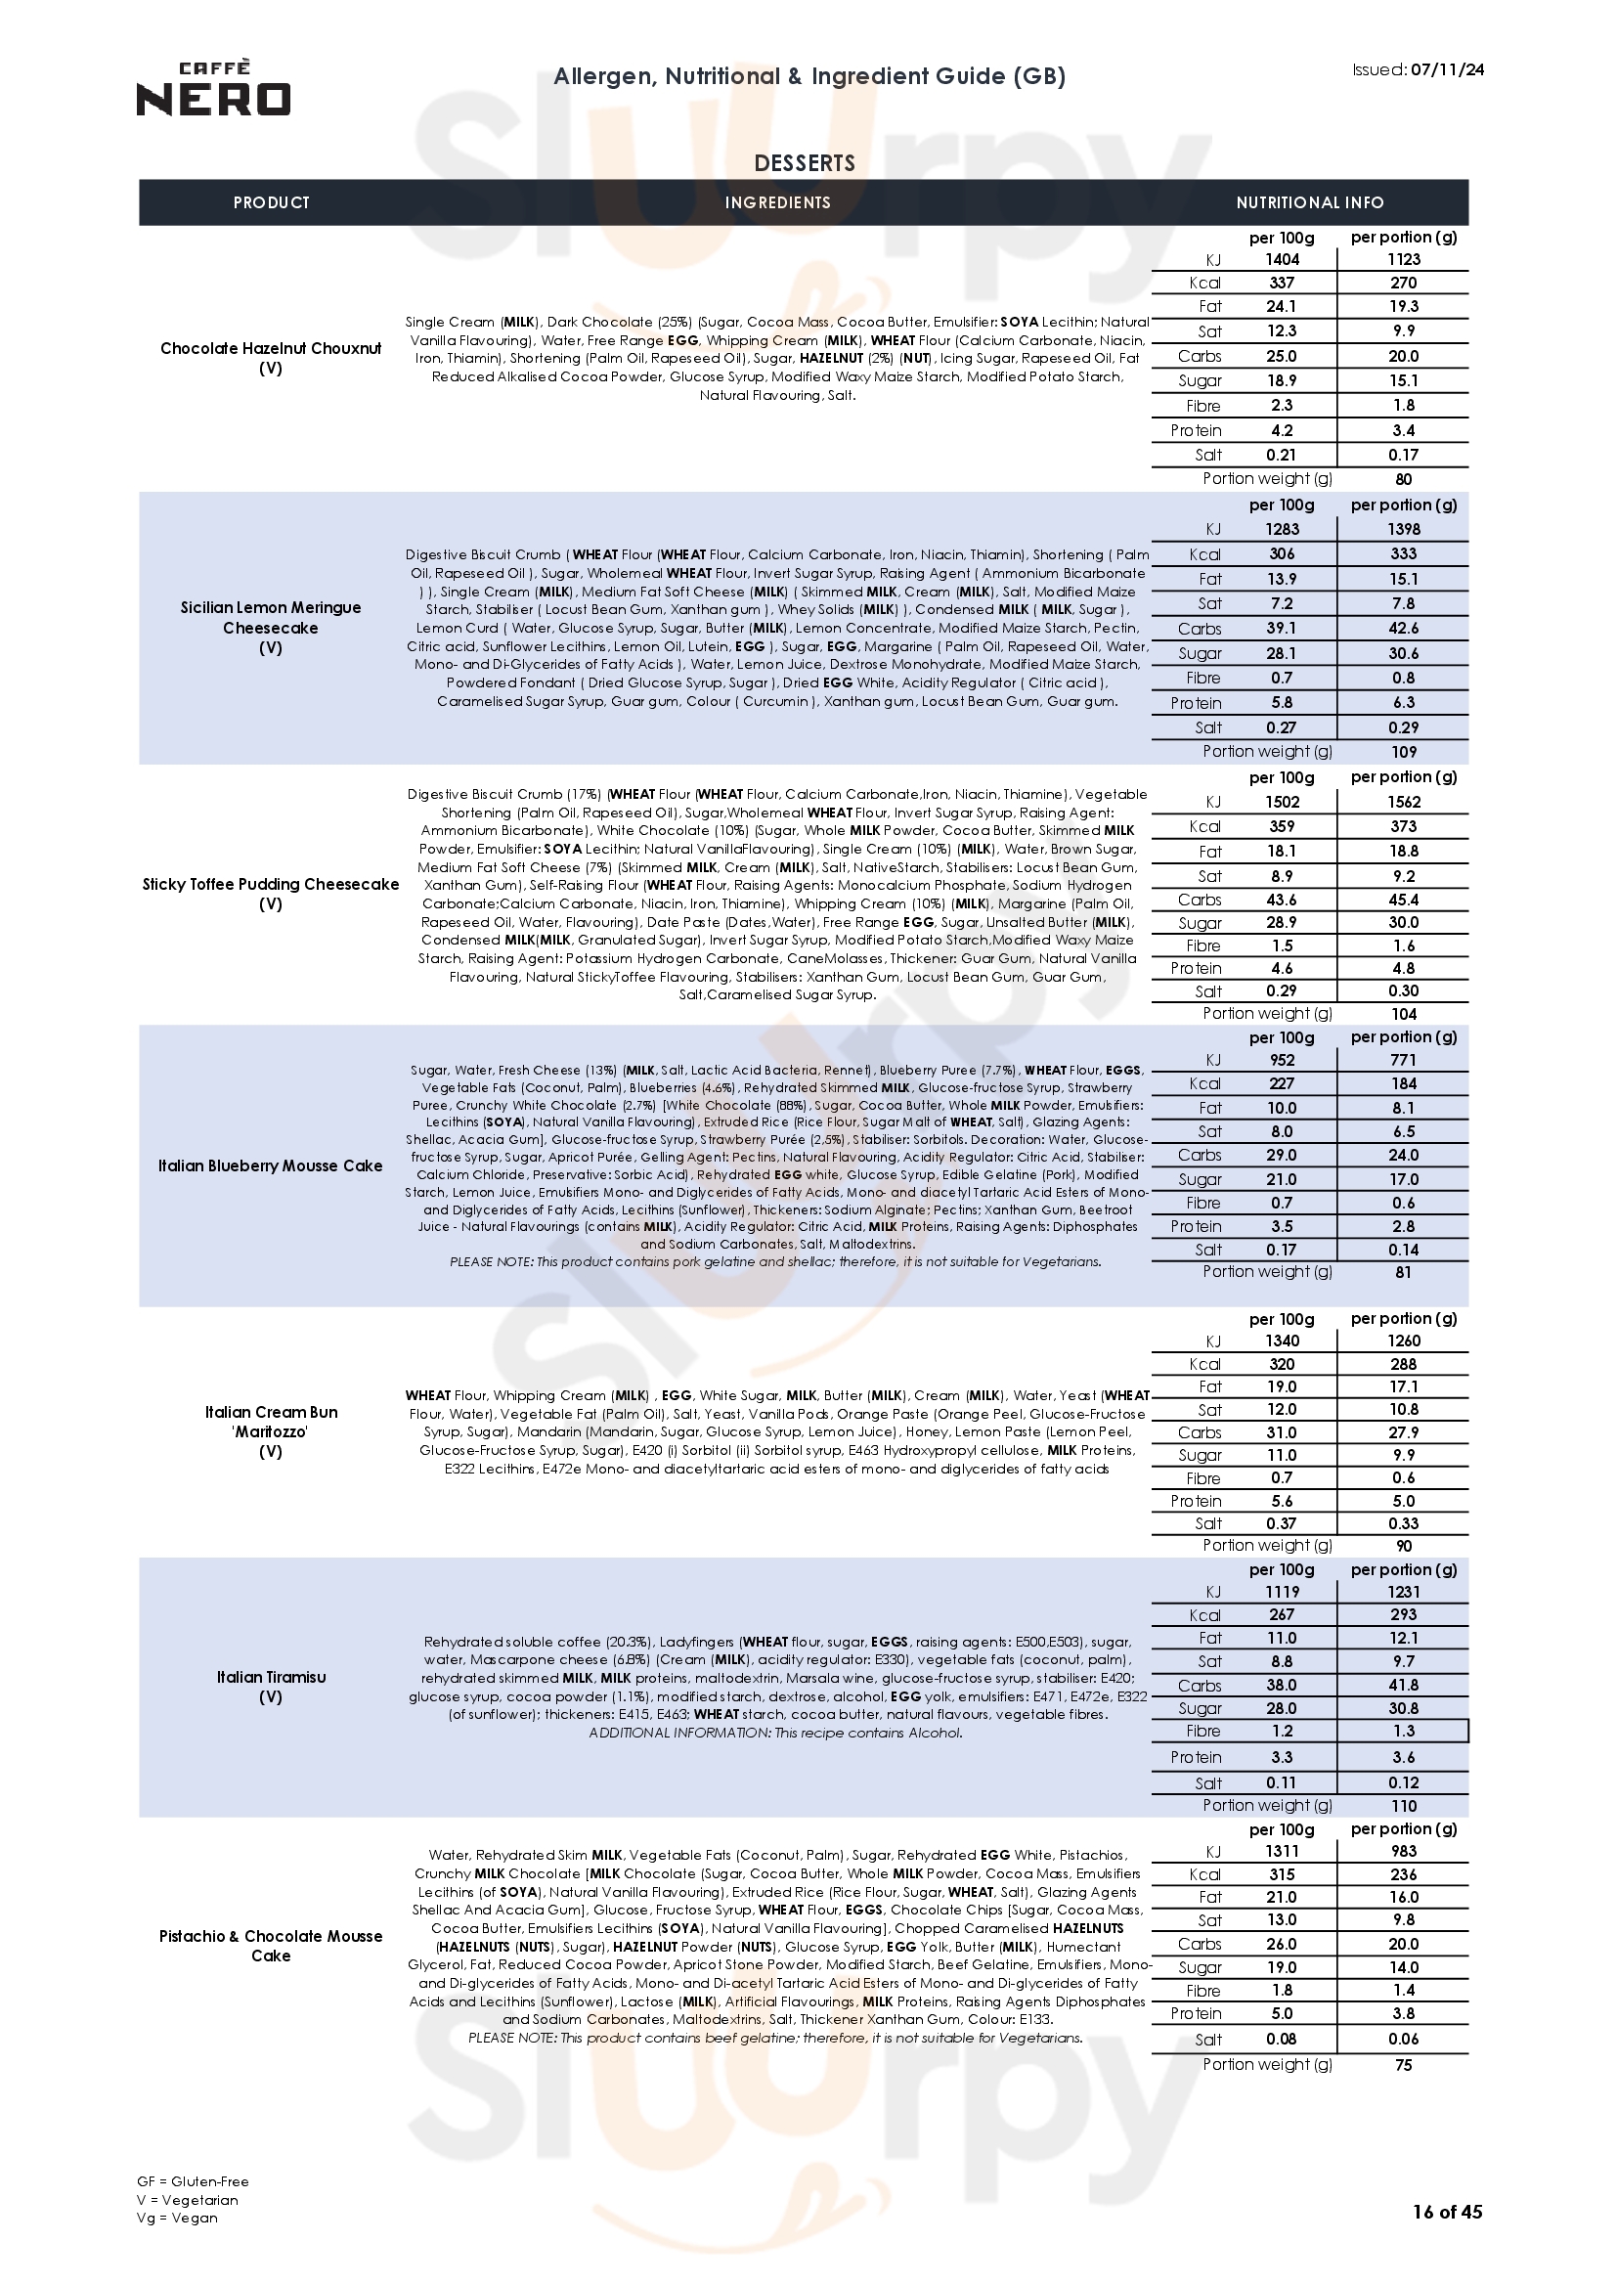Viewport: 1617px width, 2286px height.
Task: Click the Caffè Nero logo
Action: click(x=213, y=89)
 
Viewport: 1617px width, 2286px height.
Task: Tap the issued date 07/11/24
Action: click(x=1448, y=69)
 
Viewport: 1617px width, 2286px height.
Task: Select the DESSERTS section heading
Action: click(x=805, y=163)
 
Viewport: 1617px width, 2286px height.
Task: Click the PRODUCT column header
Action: click(x=271, y=203)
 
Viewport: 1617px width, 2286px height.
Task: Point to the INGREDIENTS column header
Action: click(x=776, y=203)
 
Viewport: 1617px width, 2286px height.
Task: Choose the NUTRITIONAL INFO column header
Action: click(x=1309, y=203)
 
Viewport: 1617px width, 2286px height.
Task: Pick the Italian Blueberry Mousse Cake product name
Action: click(x=271, y=1165)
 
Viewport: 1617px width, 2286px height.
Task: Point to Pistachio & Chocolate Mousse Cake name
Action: click(x=271, y=1946)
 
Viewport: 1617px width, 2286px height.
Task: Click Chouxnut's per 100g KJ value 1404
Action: click(x=1283, y=259)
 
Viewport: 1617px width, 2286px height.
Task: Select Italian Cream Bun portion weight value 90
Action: click(x=1404, y=1546)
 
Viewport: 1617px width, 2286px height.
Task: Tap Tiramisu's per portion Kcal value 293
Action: click(x=1404, y=1614)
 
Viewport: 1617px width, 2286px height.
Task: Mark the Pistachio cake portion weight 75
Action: click(x=1404, y=2065)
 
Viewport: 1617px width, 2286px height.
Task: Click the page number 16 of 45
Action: click(x=1448, y=2239)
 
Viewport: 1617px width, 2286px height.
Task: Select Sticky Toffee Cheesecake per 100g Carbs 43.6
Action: click(x=1283, y=900)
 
